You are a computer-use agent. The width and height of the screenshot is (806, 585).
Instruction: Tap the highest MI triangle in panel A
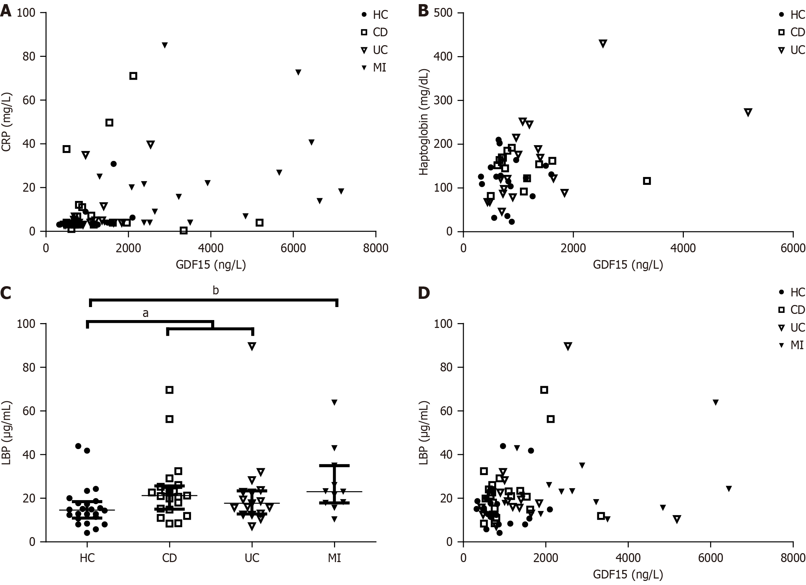click(x=165, y=45)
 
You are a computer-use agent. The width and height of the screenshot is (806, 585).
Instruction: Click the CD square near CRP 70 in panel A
click(x=133, y=76)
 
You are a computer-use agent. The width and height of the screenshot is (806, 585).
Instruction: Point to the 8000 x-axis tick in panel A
click(x=375, y=248)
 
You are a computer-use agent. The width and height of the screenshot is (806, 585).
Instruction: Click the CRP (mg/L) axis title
click(x=7, y=122)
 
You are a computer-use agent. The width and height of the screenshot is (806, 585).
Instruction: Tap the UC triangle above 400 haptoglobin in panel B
click(x=603, y=43)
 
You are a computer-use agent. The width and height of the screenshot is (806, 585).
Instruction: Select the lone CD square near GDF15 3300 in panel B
click(x=647, y=181)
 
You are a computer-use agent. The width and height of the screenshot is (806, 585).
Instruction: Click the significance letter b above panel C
click(x=216, y=291)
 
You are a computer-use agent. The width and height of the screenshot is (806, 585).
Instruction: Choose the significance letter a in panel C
click(x=145, y=313)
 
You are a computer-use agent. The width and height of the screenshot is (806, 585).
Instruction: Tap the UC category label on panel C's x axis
click(x=252, y=558)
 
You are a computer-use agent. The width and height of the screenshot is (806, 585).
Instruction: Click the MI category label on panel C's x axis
click(x=334, y=558)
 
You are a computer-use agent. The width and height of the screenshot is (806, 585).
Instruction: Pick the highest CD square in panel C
click(x=169, y=390)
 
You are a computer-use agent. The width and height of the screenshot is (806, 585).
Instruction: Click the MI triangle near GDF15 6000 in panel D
click(x=716, y=402)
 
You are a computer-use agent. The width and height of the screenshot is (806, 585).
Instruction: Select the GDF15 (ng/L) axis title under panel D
click(x=628, y=574)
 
